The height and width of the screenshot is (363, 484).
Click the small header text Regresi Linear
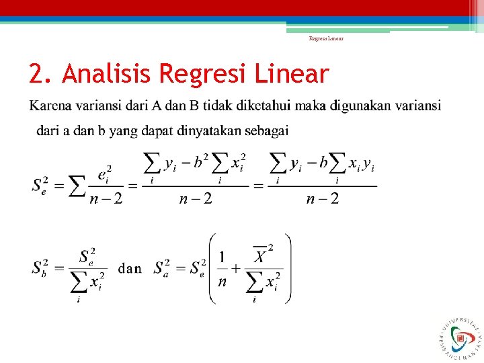[x=326, y=38]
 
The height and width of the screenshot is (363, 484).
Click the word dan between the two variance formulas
[x=130, y=268]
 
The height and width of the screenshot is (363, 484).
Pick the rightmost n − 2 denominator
[x=322, y=198]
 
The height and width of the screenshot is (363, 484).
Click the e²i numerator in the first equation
[x=104, y=174]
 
